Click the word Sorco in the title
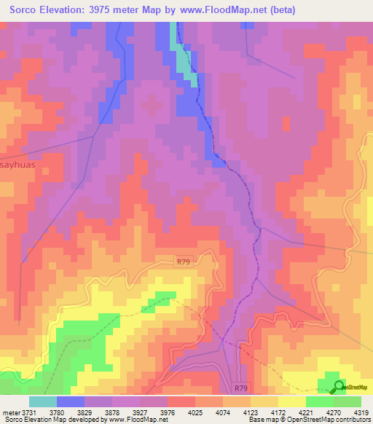pyautogui.click(x=26, y=9)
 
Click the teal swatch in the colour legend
pyautogui.click(x=42, y=401)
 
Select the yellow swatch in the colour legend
pyautogui.click(x=291, y=401)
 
